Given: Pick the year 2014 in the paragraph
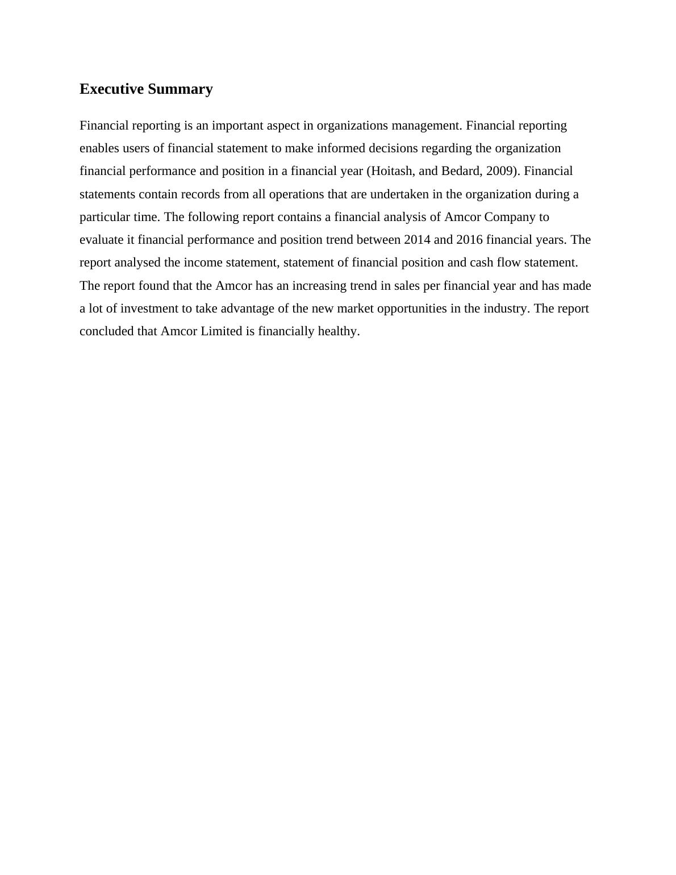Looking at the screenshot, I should [x=417, y=240].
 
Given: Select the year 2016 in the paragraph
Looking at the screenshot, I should [x=469, y=240].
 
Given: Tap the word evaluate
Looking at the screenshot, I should [x=103, y=240].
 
